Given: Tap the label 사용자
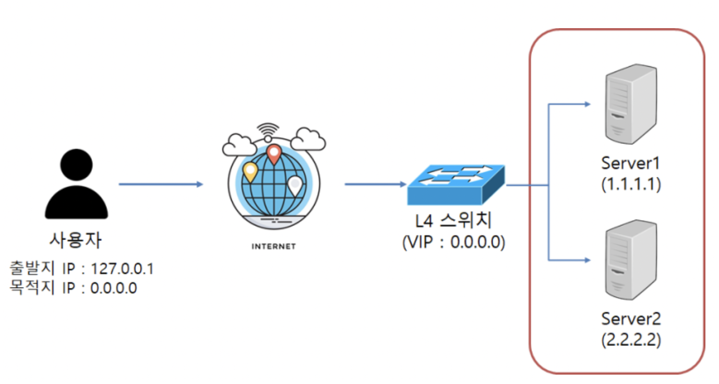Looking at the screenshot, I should click(76, 241).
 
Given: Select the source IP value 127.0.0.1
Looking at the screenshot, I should click(122, 269).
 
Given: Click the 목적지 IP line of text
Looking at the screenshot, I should click(73, 287).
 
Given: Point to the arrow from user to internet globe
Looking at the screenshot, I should click(160, 184).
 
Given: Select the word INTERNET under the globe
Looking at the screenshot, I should click(273, 246).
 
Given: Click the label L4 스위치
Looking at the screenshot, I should click(453, 221).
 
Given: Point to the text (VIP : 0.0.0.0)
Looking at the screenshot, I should click(453, 243).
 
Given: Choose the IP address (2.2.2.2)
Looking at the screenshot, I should click(631, 340).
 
